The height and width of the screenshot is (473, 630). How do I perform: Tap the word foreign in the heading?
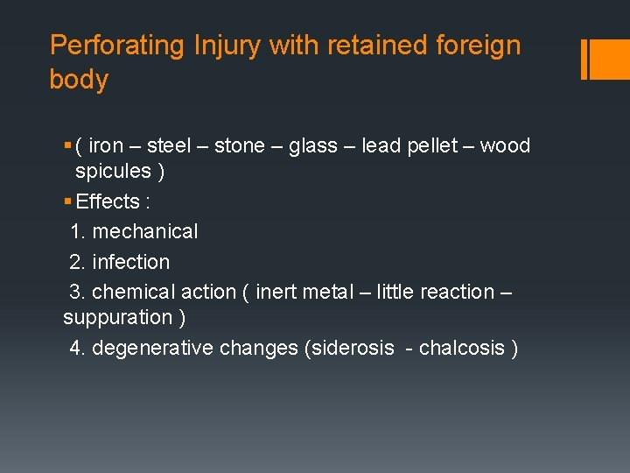click(478, 46)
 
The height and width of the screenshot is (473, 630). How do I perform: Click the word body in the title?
click(79, 80)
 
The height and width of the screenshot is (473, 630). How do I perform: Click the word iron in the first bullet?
click(106, 145)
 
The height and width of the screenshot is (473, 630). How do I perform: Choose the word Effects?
click(108, 201)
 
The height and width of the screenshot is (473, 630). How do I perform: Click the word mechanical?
click(144, 232)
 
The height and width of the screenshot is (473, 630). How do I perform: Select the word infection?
click(130, 262)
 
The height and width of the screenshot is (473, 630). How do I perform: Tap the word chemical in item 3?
click(133, 292)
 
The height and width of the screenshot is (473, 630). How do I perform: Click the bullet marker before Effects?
click(67, 202)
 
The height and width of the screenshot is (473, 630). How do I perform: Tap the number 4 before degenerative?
click(76, 348)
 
